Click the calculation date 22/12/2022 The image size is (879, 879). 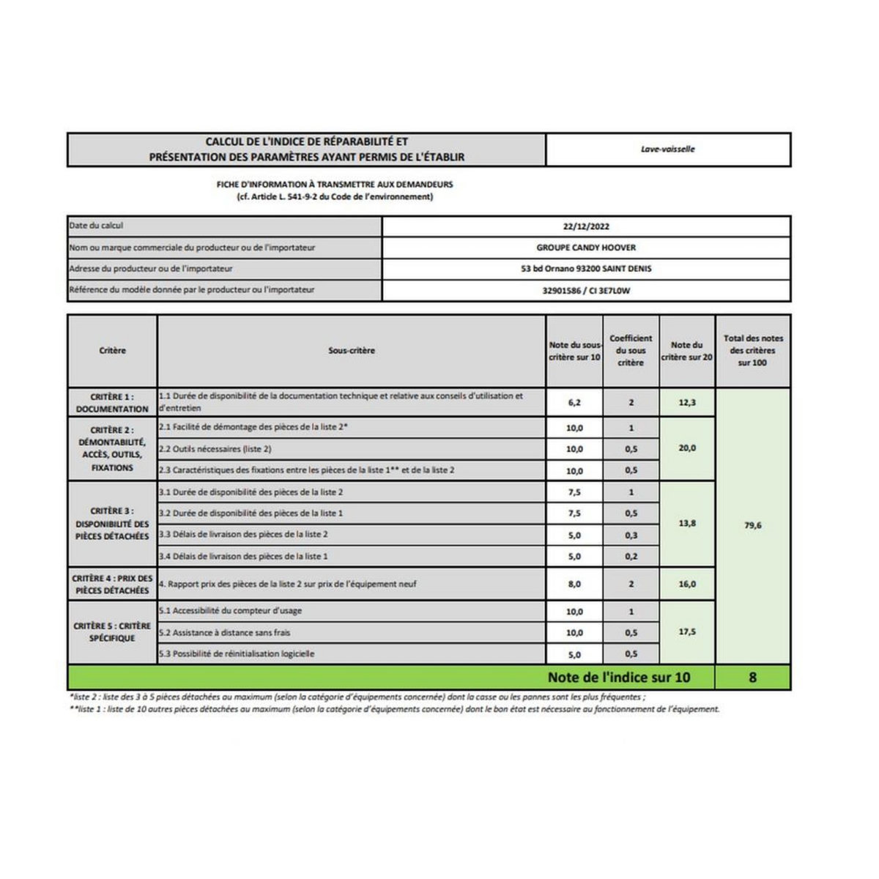point(586,227)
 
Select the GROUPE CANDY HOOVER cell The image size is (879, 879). point(586,248)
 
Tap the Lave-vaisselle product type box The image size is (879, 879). point(667,149)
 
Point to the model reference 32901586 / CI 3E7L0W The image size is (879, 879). point(586,291)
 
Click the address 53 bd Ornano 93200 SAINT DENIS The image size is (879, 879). point(586,269)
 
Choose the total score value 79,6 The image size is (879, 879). point(752,525)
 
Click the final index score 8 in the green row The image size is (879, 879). point(752,678)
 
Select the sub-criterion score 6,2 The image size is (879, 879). point(574,403)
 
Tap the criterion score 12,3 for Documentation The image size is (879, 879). point(687,403)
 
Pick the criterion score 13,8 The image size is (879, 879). point(687,524)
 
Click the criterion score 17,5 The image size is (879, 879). point(687,631)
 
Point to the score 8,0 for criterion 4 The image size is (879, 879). point(574,585)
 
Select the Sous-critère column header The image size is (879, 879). point(352,351)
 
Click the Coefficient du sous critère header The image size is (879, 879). point(631,351)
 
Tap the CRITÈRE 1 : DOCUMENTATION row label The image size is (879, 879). point(112,403)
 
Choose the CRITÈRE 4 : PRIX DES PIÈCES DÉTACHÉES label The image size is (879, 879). point(112,585)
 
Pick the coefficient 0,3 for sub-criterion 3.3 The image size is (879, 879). point(631,535)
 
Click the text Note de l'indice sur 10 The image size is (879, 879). point(619,678)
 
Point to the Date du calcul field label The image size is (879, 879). point(97,226)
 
